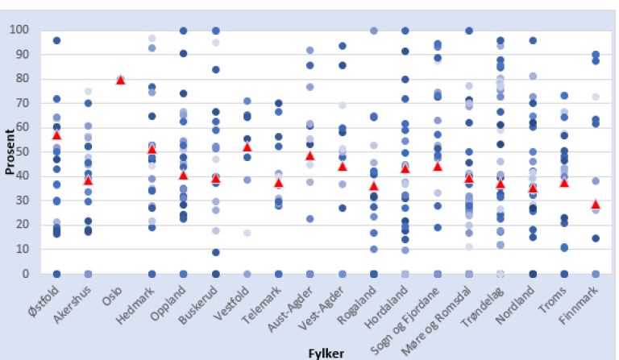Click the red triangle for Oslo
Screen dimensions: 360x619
click(120, 80)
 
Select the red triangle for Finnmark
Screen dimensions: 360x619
click(596, 205)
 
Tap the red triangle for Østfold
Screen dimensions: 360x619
click(56, 134)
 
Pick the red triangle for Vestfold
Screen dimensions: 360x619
click(247, 147)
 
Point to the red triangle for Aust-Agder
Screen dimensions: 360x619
click(310, 155)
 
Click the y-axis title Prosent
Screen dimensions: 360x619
click(10, 151)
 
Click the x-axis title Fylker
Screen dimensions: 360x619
click(327, 353)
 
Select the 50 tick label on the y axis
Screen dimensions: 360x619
click(27, 151)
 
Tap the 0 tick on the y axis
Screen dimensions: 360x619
click(30, 274)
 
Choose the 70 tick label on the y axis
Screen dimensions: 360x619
click(27, 103)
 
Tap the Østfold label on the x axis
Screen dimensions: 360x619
click(45, 302)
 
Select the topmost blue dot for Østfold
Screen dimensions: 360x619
click(56, 40)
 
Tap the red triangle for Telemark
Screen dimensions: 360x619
click(278, 183)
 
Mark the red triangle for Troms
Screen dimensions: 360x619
click(564, 183)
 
